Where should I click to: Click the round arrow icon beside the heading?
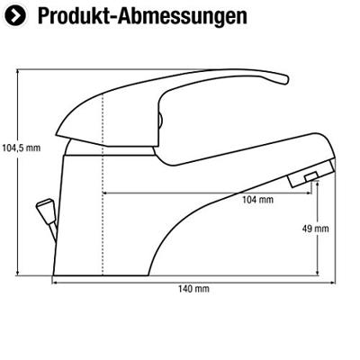[x=15, y=16]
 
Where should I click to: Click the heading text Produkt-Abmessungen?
[x=142, y=15]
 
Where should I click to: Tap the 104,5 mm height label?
[x=21, y=148]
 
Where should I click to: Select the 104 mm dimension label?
[x=258, y=200]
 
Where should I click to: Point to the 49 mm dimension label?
[x=315, y=229]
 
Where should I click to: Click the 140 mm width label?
[x=193, y=289]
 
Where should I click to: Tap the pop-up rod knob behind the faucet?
[x=44, y=208]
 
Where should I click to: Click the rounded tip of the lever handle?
[x=284, y=79]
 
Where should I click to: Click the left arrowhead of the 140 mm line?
[x=54, y=283]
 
